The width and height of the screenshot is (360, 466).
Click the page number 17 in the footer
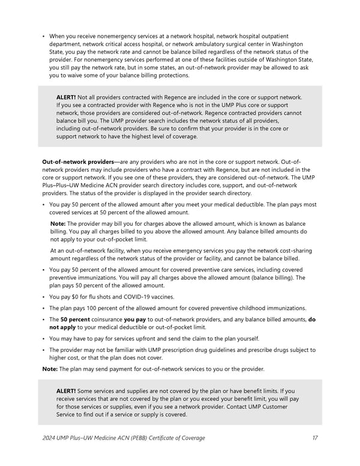click(315, 438)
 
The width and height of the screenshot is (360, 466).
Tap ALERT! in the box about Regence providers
click(65, 97)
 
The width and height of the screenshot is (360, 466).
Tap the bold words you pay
click(134, 319)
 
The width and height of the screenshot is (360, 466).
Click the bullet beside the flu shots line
click(44, 297)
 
